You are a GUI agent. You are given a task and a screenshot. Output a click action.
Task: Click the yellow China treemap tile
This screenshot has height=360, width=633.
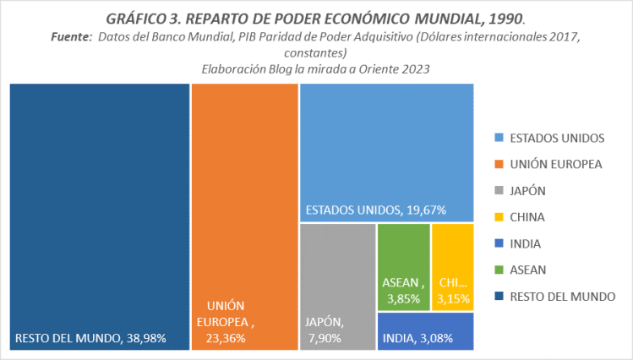(x=452, y=254)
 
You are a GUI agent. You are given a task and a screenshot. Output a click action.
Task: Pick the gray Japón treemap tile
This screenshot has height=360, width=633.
(x=337, y=270)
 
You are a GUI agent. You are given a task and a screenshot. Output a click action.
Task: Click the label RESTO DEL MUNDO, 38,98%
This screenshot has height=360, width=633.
(x=90, y=338)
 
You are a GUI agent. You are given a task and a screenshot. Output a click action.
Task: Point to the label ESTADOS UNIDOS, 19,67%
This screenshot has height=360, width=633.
(x=375, y=210)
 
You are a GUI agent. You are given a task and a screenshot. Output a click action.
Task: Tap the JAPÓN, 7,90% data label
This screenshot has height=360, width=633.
(x=325, y=330)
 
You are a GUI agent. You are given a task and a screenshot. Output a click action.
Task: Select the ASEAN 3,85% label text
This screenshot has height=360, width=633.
(x=403, y=290)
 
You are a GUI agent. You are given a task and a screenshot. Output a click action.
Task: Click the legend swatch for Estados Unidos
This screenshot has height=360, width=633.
(x=497, y=138)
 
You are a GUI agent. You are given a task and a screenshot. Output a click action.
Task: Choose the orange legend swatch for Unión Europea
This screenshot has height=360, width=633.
(x=497, y=164)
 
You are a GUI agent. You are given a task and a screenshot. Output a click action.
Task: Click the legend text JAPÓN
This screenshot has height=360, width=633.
(x=528, y=190)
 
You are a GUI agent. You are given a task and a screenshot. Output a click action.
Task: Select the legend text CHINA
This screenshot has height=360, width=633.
(x=527, y=217)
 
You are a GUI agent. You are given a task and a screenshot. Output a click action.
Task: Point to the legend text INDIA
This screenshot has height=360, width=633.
(x=526, y=243)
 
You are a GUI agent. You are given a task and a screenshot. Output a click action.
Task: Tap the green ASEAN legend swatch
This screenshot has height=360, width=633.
(x=497, y=270)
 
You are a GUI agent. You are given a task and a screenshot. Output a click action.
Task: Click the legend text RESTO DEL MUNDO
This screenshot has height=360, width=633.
(x=562, y=296)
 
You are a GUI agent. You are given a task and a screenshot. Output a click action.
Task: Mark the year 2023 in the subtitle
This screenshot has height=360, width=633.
(x=416, y=70)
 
